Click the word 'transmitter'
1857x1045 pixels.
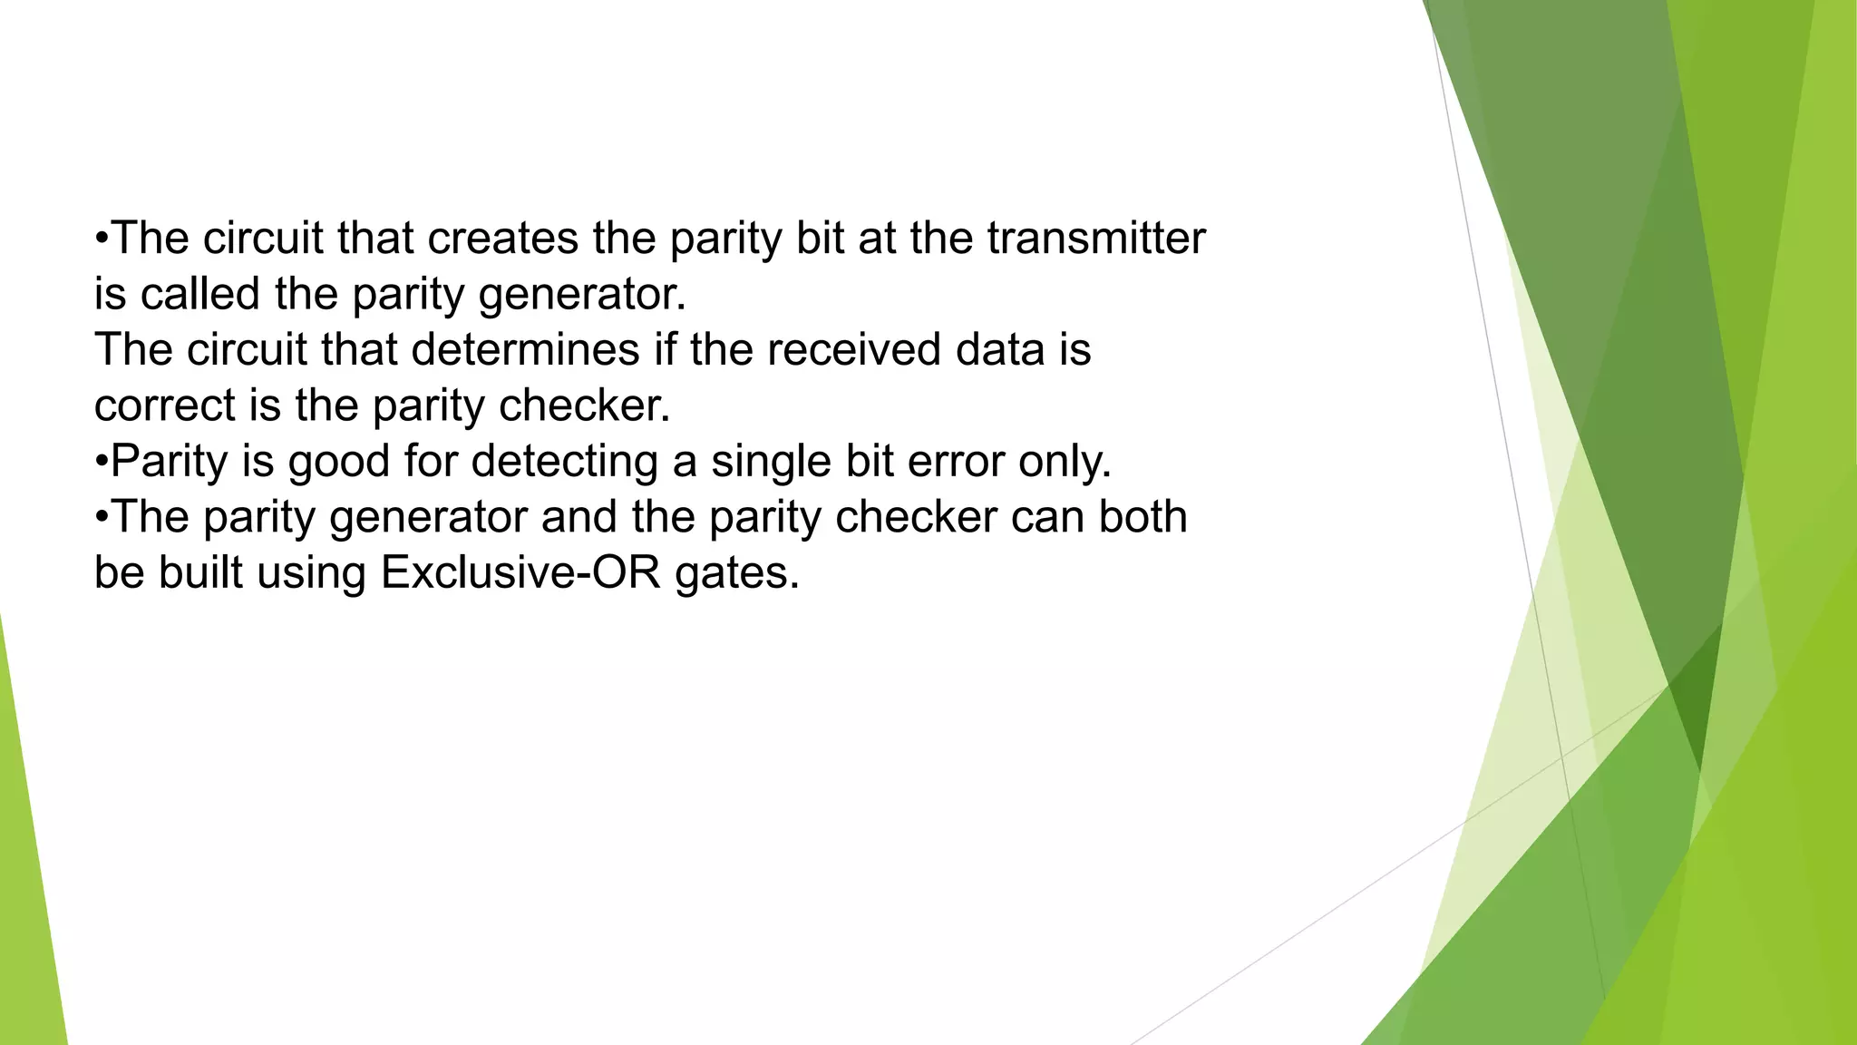tap(1096, 239)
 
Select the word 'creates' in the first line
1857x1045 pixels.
tap(502, 239)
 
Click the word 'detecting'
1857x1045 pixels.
tap(564, 462)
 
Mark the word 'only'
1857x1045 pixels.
tap(1063, 462)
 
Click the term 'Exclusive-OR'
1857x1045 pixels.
tap(520, 573)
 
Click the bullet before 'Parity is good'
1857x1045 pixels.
tap(102, 462)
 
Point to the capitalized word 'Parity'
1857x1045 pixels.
tap(169, 462)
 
